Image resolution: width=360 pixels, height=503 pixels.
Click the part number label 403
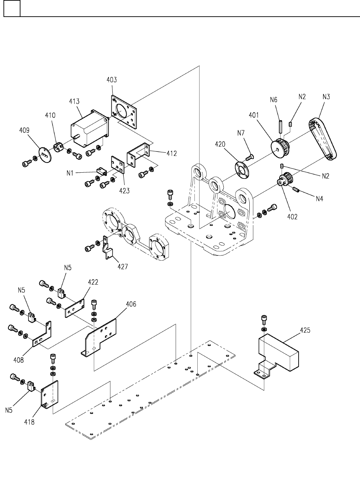(112, 80)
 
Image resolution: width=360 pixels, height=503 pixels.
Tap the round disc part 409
(45, 155)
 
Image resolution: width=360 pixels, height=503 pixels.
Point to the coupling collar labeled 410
(58, 147)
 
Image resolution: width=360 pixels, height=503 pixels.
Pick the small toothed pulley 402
(285, 179)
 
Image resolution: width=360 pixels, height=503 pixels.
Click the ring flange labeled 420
(242, 170)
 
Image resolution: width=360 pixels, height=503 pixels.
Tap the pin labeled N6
(281, 127)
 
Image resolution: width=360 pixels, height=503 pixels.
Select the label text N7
(241, 133)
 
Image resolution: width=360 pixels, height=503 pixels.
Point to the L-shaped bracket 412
(138, 155)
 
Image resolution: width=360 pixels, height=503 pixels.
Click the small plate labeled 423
(118, 165)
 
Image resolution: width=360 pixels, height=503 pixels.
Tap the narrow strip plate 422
(75, 308)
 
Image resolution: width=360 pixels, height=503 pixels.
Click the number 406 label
(131, 304)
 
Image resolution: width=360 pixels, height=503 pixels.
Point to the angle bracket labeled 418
(50, 394)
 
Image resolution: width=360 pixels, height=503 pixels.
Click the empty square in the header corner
(12, 8)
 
